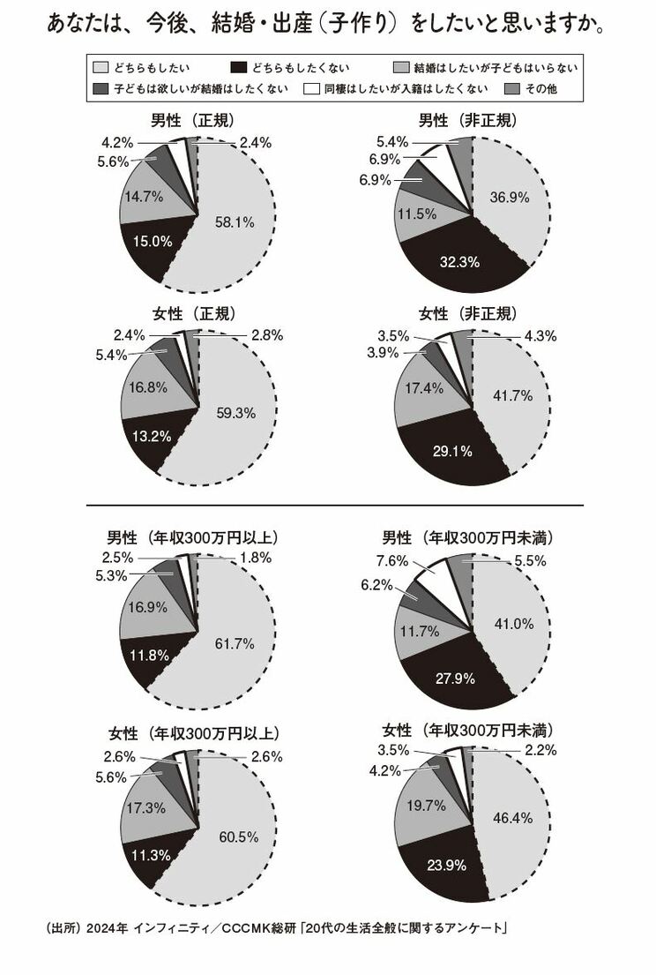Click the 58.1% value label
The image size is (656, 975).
(x=235, y=223)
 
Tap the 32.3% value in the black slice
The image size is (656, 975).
(x=458, y=260)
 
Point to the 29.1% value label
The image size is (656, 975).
(x=453, y=451)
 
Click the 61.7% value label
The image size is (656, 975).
(x=235, y=645)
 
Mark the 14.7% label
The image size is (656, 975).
(x=143, y=198)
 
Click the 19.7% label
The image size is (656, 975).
(x=424, y=804)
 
